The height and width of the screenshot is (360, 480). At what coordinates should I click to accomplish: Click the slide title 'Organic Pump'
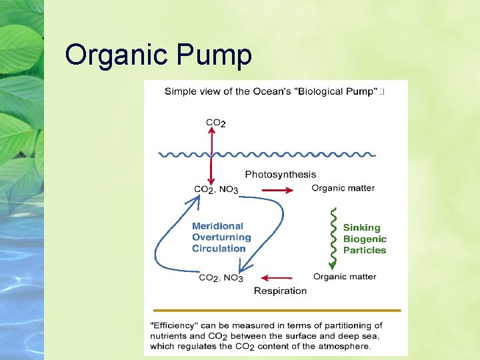tap(159, 55)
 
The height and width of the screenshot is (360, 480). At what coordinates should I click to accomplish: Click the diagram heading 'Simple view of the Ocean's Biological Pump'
tap(271, 91)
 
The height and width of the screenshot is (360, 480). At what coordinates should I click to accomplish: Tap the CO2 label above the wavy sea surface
tap(215, 123)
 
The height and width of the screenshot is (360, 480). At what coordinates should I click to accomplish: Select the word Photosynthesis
tap(281, 175)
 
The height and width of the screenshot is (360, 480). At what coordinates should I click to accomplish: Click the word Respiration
tap(280, 291)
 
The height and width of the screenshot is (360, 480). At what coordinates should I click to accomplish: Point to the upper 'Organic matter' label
tap(343, 188)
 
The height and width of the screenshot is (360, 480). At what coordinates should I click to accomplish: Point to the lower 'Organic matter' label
tap(345, 277)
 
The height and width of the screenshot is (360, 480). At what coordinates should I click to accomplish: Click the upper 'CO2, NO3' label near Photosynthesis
tap(215, 190)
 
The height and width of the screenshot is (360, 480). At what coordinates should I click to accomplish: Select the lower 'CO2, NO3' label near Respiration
tap(221, 278)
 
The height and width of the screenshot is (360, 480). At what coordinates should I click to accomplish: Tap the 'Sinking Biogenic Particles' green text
tap(365, 239)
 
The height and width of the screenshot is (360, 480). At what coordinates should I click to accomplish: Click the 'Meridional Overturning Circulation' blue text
tap(221, 237)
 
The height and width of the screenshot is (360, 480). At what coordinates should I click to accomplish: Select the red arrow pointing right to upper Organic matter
tap(277, 190)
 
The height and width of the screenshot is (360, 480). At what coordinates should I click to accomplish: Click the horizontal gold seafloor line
tap(276, 311)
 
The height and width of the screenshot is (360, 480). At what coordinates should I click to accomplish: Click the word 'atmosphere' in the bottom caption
tap(343, 346)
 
